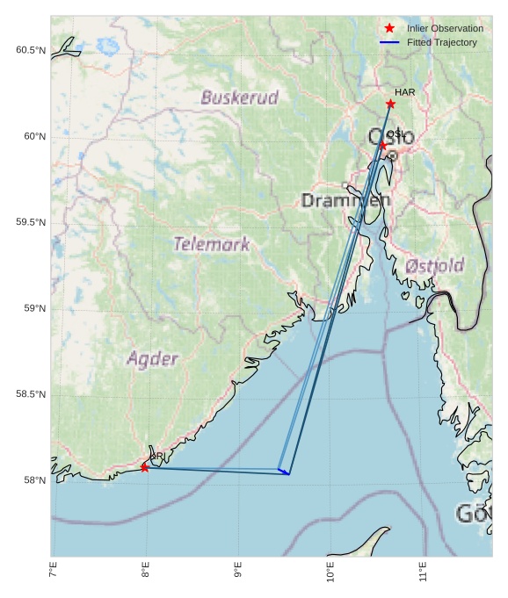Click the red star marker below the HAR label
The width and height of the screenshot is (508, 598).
390,104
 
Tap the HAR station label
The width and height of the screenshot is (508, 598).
404,92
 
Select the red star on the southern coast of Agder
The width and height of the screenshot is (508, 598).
144,467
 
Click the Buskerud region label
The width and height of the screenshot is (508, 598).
239,97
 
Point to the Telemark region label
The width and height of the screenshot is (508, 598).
211,244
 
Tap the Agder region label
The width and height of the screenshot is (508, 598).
152,358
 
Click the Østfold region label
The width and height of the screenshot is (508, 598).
435,265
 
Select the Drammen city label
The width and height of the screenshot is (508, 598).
345,201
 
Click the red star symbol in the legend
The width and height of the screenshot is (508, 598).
389,28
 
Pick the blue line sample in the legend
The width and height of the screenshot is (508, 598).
389,42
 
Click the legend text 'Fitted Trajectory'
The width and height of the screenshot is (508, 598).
442,42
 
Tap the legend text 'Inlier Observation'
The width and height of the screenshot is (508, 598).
445,28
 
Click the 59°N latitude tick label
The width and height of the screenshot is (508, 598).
34,308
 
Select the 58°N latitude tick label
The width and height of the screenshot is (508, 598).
34,480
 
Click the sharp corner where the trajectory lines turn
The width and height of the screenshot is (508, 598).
288,474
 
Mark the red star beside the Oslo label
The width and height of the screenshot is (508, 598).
382,145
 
